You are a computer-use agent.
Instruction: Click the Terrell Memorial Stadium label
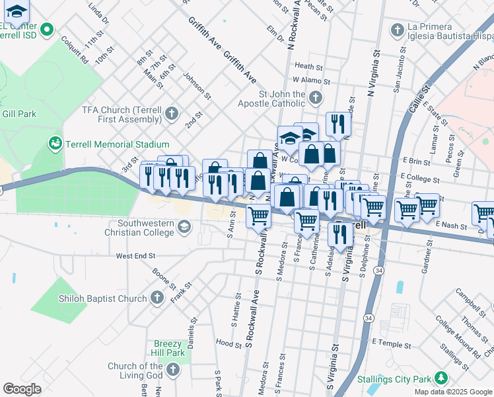(x=117, y=144)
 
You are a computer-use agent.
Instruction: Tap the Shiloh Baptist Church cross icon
(x=157, y=298)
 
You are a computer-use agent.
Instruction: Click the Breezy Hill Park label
(x=168, y=348)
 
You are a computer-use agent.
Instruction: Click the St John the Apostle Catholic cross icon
(x=315, y=99)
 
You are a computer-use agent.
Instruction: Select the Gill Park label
(x=18, y=114)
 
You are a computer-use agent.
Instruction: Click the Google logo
(x=22, y=388)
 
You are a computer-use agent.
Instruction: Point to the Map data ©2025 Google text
(x=452, y=392)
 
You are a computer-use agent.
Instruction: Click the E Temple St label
(x=391, y=343)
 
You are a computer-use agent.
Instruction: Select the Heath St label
(x=308, y=66)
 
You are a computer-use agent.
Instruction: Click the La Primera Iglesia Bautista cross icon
(x=397, y=30)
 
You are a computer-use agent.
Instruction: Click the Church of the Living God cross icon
(x=173, y=370)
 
